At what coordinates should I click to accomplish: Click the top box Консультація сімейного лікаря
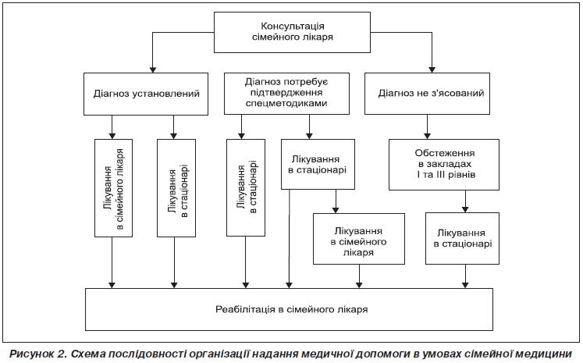(292, 32)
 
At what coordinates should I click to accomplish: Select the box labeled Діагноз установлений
(146, 94)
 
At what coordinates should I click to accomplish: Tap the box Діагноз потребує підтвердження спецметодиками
(286, 94)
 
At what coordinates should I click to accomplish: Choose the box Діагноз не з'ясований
(427, 94)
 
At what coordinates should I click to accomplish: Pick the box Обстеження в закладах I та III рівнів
(444, 165)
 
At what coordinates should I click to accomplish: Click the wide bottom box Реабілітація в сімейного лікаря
(290, 309)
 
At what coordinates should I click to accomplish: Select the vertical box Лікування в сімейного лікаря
(113, 188)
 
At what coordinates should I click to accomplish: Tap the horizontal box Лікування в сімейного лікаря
(359, 239)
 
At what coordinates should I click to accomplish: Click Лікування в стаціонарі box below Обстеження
(463, 238)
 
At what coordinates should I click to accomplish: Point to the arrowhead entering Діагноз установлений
(152, 70)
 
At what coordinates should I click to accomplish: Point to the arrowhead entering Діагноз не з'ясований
(432, 70)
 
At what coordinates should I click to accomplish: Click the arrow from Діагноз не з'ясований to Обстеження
(427, 126)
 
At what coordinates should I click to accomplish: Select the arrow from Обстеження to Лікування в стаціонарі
(465, 201)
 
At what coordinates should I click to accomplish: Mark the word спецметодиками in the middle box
(286, 103)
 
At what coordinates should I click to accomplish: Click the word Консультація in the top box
(293, 26)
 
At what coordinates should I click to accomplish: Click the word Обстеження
(445, 153)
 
